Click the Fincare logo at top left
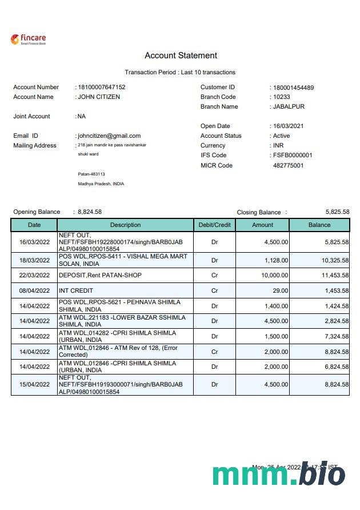28,39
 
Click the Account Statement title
181,55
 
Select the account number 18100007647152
102,87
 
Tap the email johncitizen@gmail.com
109,136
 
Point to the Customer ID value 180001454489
293,87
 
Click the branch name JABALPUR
289,107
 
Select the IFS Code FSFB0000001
293,156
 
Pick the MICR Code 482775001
289,166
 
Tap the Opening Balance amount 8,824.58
90,212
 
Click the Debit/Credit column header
214,225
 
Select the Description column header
125,225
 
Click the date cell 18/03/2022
34,261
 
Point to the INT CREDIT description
76,291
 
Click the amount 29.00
279,291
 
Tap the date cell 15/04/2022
34,385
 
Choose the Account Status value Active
281,136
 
